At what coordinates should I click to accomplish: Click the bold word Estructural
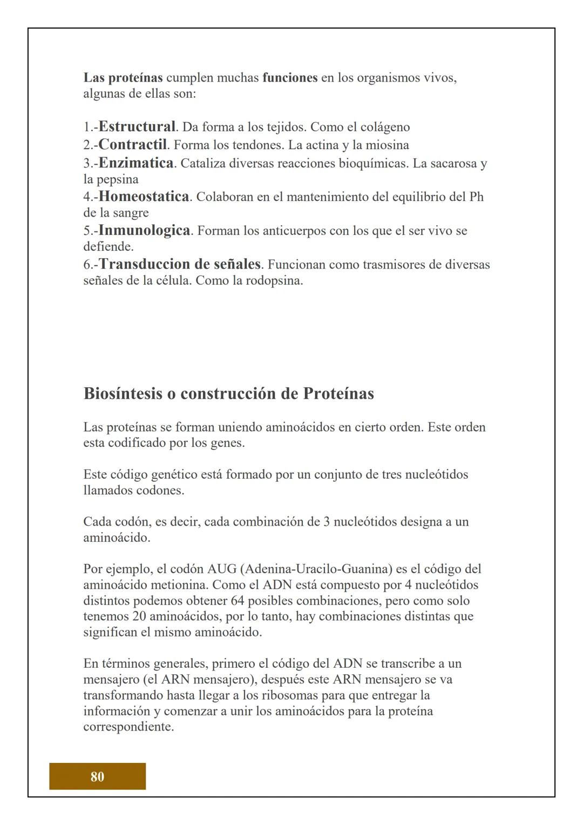pos(137,127)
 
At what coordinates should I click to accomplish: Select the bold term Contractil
pos(133,145)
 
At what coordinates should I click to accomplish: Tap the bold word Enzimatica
pos(136,163)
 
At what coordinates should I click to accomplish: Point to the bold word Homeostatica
pos(144,196)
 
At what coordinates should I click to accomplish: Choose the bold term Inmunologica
pos(144,231)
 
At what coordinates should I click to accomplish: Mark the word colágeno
pos(385,128)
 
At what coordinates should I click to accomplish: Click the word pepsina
pos(118,179)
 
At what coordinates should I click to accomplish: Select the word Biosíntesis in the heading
pos(123,393)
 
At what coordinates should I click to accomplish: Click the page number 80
pos(97,776)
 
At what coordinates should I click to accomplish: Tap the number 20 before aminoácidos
pos(139,616)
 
